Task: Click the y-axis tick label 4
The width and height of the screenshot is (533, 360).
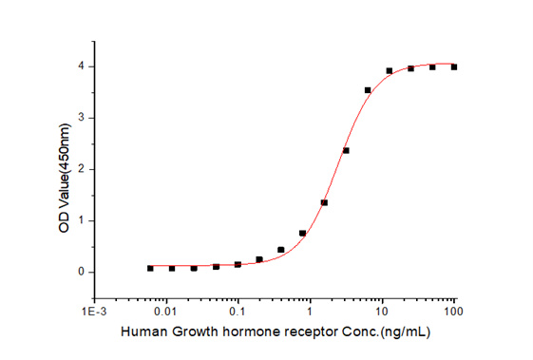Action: [x=82, y=66]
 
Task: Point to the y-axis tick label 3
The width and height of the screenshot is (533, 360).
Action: [x=82, y=118]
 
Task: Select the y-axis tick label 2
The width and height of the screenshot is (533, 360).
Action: [x=82, y=169]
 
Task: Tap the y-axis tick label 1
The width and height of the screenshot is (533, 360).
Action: [x=82, y=220]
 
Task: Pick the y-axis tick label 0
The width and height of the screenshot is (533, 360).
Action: [x=82, y=272]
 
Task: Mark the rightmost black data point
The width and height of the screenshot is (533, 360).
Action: [x=454, y=67]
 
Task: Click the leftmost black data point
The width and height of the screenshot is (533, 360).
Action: [x=150, y=268]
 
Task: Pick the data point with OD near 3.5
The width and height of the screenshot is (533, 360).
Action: [x=368, y=90]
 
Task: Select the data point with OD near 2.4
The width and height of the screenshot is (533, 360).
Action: [x=346, y=150]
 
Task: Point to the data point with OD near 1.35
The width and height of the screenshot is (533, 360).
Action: [x=324, y=202]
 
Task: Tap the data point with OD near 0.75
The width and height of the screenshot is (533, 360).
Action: [x=302, y=233]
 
